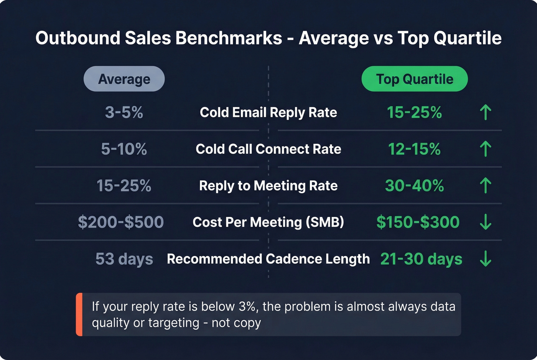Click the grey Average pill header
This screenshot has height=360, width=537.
pos(124,79)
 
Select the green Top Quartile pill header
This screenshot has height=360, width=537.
pos(414,79)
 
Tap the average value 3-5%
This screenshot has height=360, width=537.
pos(124,113)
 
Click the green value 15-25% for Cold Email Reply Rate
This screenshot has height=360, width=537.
pos(414,113)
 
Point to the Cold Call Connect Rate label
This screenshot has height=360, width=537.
pos(268,149)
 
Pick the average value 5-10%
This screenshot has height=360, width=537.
pos(124,149)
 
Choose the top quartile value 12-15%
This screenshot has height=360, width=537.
pos(414,149)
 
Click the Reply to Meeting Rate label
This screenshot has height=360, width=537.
pos(268,186)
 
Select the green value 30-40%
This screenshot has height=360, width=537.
pos(414,186)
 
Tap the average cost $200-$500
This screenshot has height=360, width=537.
pos(121,222)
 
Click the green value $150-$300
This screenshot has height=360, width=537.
pos(418,222)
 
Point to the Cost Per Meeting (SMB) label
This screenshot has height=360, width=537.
pos(268,222)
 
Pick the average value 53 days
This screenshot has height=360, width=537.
pos(124,259)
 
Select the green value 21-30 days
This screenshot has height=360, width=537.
pos(421,259)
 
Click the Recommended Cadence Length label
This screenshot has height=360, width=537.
pos(268,259)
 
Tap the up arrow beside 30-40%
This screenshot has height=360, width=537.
pos(486,186)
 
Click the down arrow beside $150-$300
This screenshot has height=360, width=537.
pos(486,222)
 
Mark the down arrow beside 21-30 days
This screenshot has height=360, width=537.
pos(486,259)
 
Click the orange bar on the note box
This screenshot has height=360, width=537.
pos(79,314)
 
